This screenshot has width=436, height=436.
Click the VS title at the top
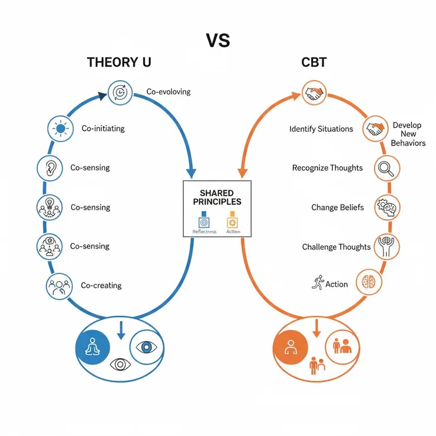click(218, 41)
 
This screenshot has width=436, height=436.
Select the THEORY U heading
click(119, 62)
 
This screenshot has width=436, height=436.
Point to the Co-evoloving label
click(168, 93)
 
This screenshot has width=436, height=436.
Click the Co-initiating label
click(103, 128)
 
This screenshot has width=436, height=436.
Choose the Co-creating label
click(101, 285)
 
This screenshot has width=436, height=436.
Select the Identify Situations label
click(321, 129)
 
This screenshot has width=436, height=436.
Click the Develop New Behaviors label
click(408, 134)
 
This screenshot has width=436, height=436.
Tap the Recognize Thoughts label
click(328, 168)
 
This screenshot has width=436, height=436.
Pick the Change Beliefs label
click(338, 207)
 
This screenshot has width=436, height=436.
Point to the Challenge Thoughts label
click(336, 247)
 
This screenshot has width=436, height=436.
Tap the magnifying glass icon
click(387, 169)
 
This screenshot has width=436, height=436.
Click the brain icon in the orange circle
click(369, 281)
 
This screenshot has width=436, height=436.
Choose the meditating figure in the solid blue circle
click(93, 346)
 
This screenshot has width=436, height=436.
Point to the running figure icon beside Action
click(318, 282)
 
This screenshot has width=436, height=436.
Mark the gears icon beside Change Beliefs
click(388, 207)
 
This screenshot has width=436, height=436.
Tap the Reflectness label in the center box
click(204, 232)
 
